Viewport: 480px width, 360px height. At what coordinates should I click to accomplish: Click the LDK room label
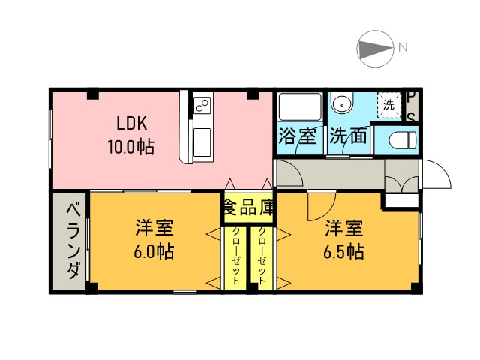click(132, 123)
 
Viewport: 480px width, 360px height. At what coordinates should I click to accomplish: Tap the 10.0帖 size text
click(130, 147)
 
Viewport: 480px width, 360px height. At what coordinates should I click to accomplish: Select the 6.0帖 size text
click(154, 251)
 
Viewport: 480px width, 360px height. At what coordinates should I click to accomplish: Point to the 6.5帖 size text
click(344, 251)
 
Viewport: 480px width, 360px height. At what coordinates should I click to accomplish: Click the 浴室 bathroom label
click(297, 136)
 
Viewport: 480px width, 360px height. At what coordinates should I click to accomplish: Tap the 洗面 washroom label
click(348, 136)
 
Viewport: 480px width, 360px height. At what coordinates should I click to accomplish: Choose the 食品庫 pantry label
click(248, 207)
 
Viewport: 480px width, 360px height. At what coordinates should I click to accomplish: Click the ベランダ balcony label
click(73, 241)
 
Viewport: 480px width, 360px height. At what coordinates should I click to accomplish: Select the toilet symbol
click(403, 140)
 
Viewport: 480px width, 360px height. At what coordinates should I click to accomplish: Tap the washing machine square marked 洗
click(389, 105)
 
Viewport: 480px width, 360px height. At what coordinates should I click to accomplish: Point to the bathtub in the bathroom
click(300, 106)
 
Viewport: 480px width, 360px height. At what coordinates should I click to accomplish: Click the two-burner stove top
click(202, 105)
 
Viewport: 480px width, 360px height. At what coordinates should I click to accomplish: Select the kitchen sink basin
click(202, 142)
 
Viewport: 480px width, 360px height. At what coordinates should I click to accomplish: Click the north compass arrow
click(376, 49)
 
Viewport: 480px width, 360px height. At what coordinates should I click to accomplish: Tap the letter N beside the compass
click(403, 47)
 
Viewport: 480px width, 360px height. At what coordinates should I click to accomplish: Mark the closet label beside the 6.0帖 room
click(236, 256)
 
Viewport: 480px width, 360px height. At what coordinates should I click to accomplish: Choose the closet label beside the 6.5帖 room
click(262, 256)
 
